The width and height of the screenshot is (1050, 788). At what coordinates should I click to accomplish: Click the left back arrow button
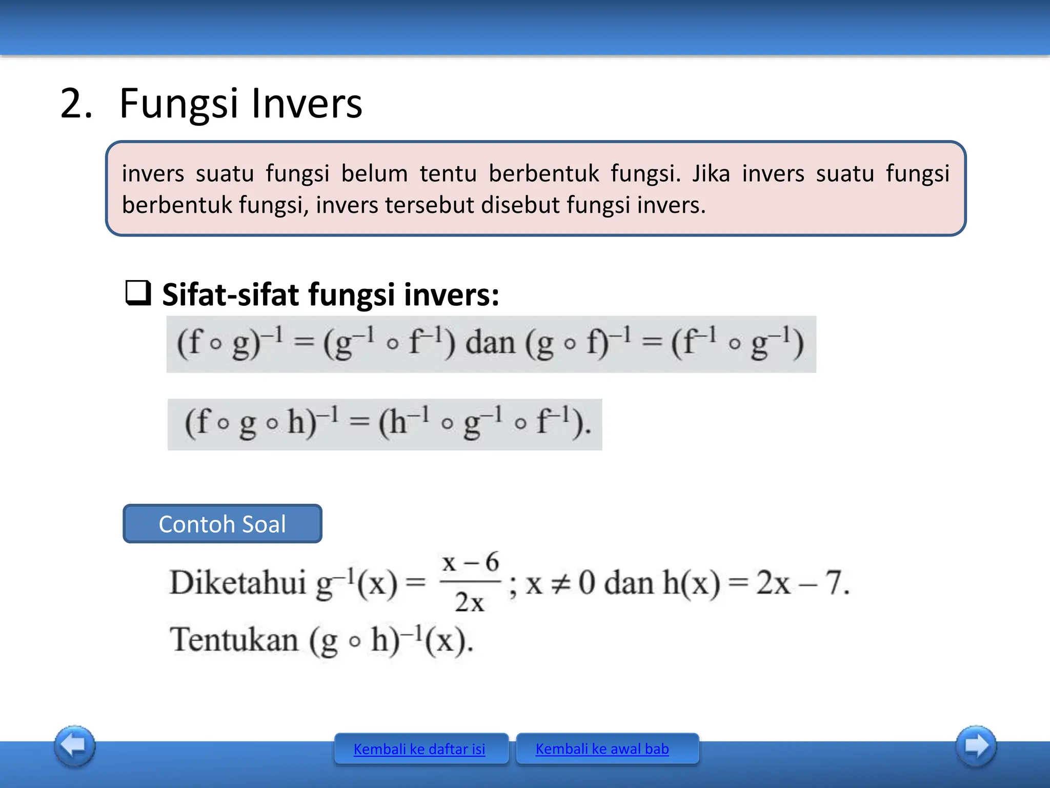coord(75,746)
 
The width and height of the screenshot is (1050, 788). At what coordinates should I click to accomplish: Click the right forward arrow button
coord(976,746)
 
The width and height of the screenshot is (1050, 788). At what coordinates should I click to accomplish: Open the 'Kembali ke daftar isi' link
coord(419,749)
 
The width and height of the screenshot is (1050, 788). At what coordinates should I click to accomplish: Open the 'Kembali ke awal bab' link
coord(602,749)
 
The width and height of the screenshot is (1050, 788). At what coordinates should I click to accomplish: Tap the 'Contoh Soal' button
coord(223,524)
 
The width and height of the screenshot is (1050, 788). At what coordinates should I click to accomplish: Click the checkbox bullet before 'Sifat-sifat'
coord(138,293)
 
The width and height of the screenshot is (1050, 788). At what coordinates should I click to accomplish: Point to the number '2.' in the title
coord(76,104)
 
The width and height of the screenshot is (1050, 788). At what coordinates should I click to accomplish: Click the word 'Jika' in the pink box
coord(711,173)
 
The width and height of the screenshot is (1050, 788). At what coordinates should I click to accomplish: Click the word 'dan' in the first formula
coord(490,343)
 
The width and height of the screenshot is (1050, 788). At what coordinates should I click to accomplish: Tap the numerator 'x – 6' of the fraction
coord(470,563)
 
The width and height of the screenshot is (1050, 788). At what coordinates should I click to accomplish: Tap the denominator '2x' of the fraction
coord(470,602)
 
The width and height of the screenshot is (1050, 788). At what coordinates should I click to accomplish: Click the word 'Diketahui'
coord(238,583)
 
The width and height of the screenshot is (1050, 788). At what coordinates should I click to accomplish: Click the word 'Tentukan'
coord(234,640)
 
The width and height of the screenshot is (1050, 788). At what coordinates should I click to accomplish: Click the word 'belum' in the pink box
coord(374,173)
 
